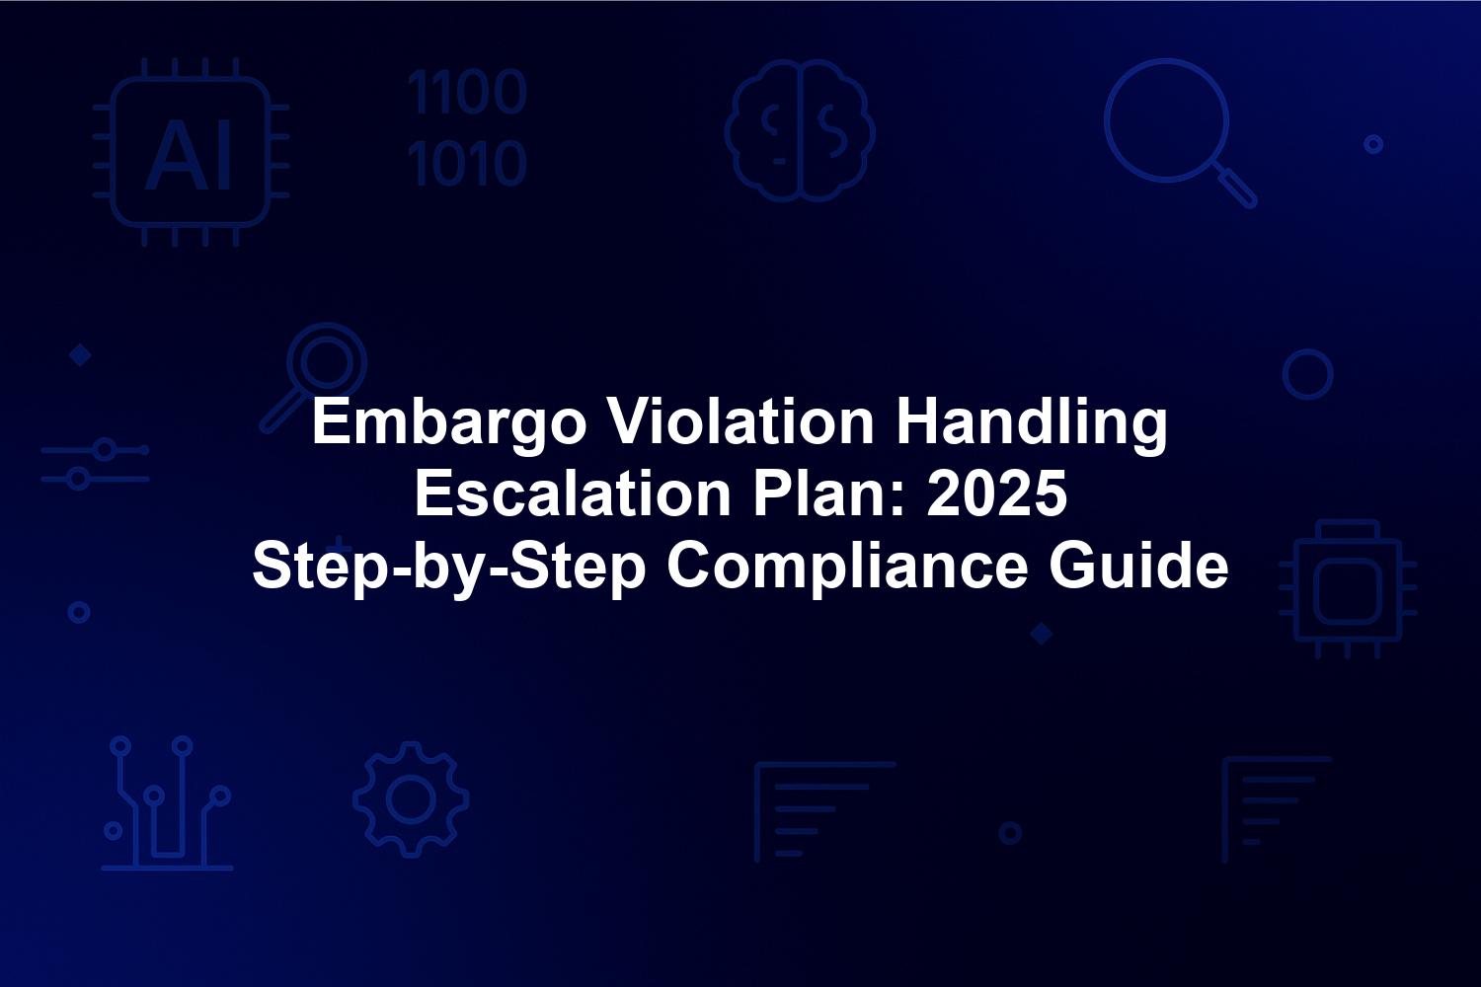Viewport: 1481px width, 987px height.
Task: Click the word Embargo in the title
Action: [449, 424]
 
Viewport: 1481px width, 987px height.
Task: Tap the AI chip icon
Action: [192, 152]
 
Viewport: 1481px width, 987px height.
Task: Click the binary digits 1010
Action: [467, 163]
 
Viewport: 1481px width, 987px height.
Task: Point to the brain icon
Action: [800, 130]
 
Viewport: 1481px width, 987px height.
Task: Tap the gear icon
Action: [412, 799]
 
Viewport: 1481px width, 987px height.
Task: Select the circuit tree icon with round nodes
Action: [167, 803]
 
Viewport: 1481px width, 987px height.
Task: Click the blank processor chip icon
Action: [1348, 589]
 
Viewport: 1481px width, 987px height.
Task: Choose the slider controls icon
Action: [95, 464]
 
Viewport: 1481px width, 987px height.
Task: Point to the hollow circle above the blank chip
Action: [1284, 374]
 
